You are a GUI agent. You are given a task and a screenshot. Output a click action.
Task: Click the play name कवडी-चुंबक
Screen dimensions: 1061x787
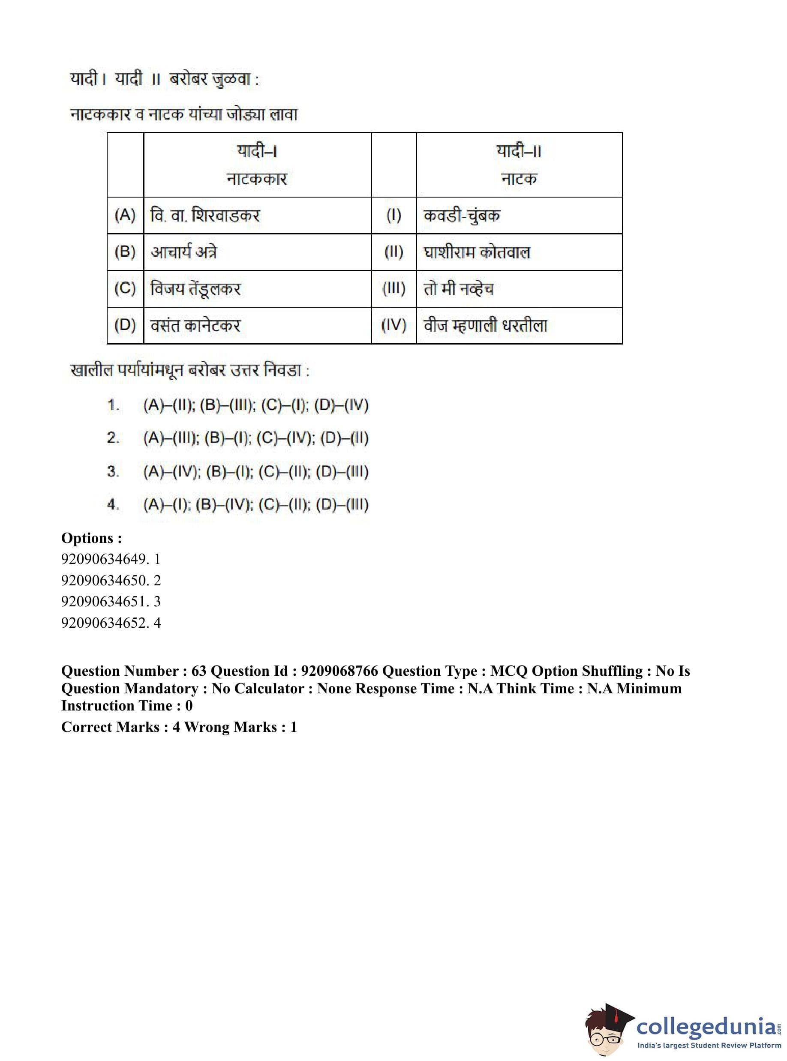tap(462, 215)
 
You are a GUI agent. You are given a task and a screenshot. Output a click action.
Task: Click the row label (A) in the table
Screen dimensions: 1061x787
tap(125, 215)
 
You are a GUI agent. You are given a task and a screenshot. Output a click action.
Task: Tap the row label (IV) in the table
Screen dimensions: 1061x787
tap(393, 325)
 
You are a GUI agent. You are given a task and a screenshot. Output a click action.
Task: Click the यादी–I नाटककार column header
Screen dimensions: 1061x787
tap(257, 165)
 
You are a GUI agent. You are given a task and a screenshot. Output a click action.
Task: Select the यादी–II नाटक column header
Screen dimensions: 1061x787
tap(519, 165)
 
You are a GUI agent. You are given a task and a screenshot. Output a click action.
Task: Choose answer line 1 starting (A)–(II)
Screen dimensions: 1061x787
tap(256, 405)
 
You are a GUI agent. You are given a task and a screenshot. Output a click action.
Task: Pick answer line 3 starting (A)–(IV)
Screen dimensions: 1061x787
tap(256, 471)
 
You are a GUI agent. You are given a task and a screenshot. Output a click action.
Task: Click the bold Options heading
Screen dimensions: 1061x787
tap(91, 538)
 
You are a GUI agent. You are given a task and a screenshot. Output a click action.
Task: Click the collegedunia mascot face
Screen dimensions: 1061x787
tap(607, 1033)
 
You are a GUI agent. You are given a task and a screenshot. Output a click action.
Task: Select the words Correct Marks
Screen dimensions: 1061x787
tap(110, 727)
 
